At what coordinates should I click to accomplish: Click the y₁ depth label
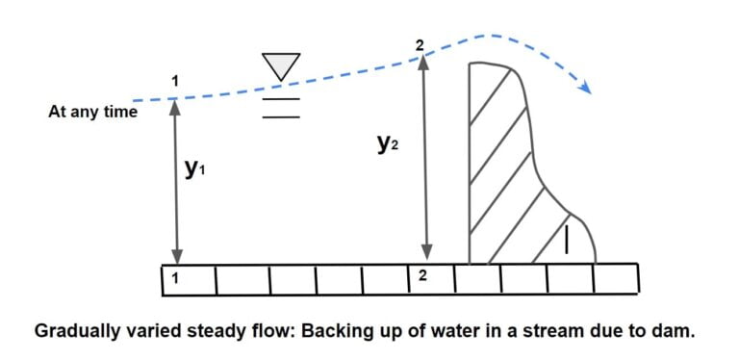(195, 169)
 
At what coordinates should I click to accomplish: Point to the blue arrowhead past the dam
(584, 88)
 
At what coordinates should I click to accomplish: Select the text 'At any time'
(92, 112)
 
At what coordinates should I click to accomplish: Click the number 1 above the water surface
(174, 82)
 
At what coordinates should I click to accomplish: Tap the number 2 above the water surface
(420, 44)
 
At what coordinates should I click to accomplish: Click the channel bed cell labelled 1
(189, 278)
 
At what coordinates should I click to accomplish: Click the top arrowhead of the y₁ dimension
(175, 105)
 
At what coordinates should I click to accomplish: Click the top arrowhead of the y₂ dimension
(420, 61)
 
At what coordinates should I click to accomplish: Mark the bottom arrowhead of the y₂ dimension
(420, 255)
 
